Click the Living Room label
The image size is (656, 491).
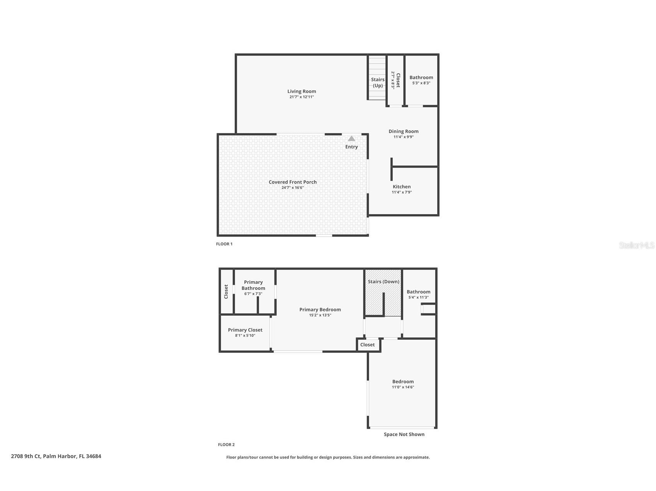(x=302, y=91)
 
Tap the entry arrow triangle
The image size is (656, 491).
(x=351, y=139)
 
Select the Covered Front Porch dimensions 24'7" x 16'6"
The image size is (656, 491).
(x=293, y=188)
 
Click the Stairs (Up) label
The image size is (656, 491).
(x=378, y=83)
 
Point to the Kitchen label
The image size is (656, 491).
(x=402, y=186)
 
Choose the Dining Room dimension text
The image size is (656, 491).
(x=403, y=137)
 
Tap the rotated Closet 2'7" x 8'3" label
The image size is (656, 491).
(x=395, y=80)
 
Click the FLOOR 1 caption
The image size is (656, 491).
(x=224, y=244)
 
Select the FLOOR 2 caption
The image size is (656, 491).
(x=226, y=445)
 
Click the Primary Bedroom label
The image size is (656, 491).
(x=320, y=310)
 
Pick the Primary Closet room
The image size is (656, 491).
(x=245, y=332)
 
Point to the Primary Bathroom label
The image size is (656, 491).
(x=253, y=285)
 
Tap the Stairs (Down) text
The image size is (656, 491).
(x=383, y=281)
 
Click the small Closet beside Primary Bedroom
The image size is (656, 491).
(x=367, y=345)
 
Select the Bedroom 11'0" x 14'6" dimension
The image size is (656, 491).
(x=403, y=387)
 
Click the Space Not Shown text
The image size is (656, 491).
(x=404, y=434)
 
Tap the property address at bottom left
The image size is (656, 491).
(x=56, y=456)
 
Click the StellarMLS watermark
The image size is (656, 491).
(x=636, y=245)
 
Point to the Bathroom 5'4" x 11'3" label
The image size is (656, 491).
(x=418, y=294)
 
